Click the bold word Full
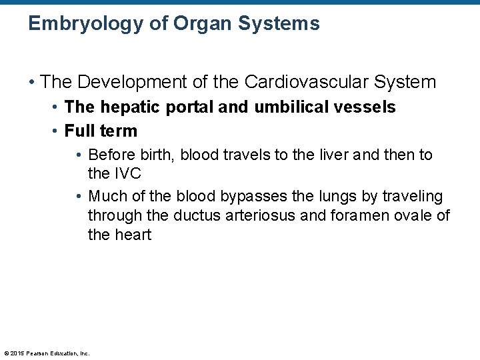79,131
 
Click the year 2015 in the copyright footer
16,353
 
